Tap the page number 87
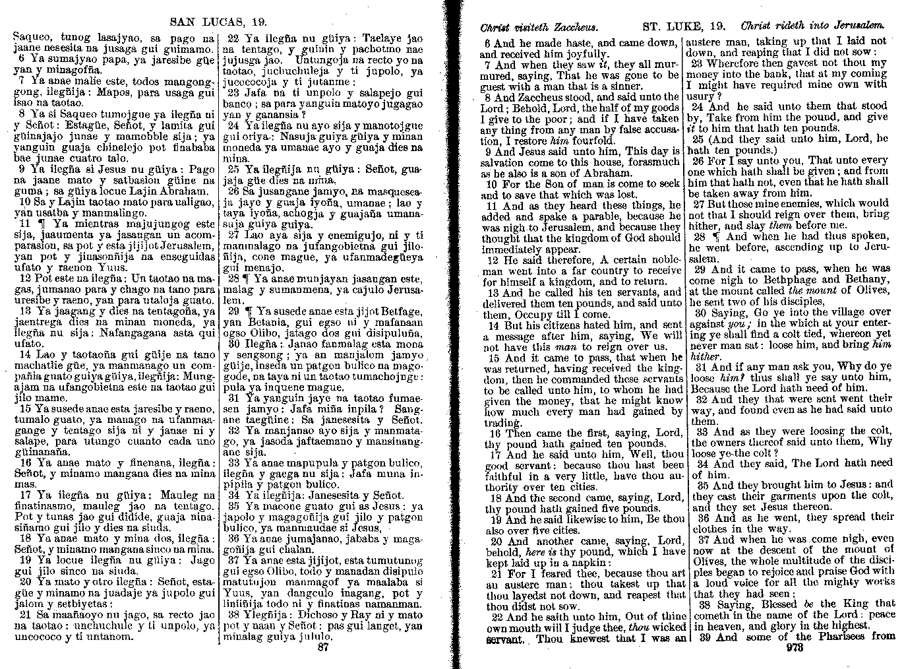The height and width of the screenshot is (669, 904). pos(323,647)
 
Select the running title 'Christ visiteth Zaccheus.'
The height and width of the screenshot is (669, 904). pos(539,27)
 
